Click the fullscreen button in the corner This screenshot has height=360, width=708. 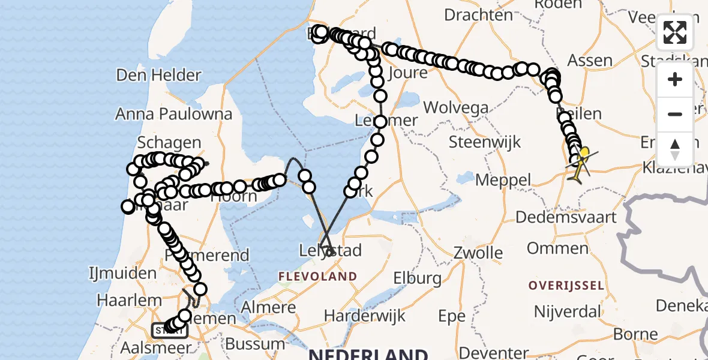pyautogui.click(x=675, y=32)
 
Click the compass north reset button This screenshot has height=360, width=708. pyautogui.click(x=675, y=149)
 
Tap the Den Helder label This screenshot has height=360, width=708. pyautogui.click(x=158, y=75)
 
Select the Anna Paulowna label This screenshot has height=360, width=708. pyautogui.click(x=173, y=113)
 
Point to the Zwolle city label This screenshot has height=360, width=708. pyautogui.click(x=478, y=252)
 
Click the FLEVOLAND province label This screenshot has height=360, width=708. pyautogui.click(x=317, y=277)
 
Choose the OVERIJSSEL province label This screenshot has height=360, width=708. pyautogui.click(x=566, y=286)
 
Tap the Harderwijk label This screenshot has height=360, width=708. pyautogui.click(x=358, y=316)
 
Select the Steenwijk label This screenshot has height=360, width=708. pyautogui.click(x=485, y=143)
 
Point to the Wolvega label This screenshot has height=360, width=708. pyautogui.click(x=455, y=108)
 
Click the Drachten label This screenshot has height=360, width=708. pyautogui.click(x=478, y=14)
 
